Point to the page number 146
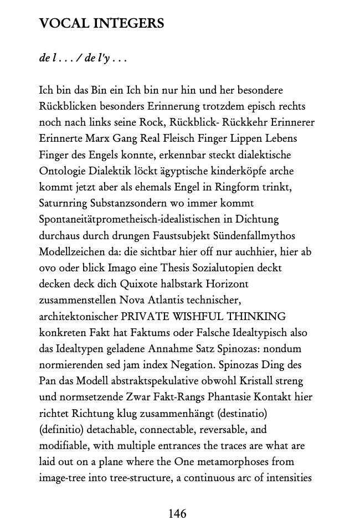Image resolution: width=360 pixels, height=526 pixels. [x=177, y=513]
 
